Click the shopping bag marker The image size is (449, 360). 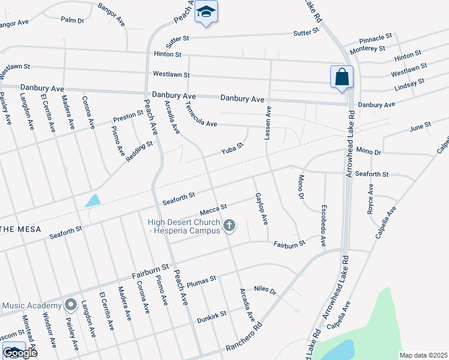tap(342, 77)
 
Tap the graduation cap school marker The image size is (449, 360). tap(206, 12)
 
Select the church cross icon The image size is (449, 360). tap(228, 226)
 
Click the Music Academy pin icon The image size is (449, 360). tap(70, 305)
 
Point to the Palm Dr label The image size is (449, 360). tap(73, 20)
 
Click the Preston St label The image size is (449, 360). tap(128, 117)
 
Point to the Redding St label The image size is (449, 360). tap(140, 151)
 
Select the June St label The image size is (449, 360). tap(420, 127)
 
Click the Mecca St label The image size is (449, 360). tap(213, 208)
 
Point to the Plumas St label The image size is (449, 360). tap(201, 282)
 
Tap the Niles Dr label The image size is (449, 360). tap(265, 290)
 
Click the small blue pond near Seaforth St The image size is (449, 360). tap(92, 200)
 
